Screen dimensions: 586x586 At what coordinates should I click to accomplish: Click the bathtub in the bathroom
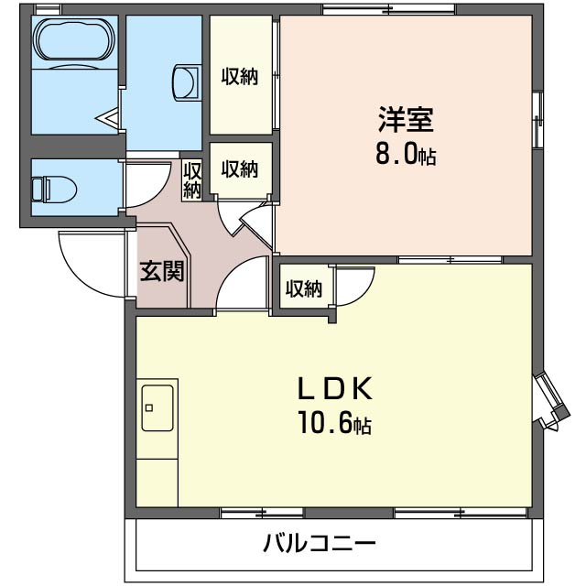coord(75,38)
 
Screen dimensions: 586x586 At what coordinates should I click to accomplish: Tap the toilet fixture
coord(54,189)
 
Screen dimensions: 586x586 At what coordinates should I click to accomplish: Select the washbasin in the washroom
coord(185,83)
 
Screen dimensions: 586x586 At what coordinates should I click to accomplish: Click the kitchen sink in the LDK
coord(157,408)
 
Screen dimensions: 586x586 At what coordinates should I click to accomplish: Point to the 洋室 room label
coord(406,120)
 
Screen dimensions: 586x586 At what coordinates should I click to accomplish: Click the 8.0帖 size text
coord(406,154)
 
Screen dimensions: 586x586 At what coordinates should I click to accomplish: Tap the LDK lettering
coord(334,389)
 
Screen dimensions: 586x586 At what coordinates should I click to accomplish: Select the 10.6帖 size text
coord(334,423)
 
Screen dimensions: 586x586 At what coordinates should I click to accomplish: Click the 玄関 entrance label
coord(162,271)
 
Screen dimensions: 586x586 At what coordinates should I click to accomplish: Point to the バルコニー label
coord(320,543)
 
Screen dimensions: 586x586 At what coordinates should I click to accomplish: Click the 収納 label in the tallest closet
coord(240,77)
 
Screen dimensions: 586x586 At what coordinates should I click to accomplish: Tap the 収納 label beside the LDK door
coord(304,288)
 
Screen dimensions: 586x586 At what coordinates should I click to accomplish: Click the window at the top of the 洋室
coord(389,9)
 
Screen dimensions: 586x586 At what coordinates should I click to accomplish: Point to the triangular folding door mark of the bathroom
coord(108,118)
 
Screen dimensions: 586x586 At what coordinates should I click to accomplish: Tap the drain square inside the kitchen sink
coord(149,407)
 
